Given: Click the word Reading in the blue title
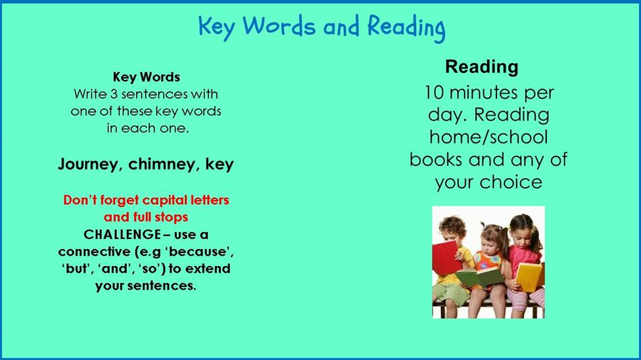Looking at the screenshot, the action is coord(406,28).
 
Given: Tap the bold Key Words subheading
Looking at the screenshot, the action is coord(147,78).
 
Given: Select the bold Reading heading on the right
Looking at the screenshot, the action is coord(481,67).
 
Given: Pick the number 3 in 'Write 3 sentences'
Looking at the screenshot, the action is coord(114,95).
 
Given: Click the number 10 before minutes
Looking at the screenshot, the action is coord(434,93).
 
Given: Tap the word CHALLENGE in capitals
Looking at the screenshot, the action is coord(122,235).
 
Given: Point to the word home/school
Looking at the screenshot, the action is coord(488,137).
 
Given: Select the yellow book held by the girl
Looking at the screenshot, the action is coord(529,277).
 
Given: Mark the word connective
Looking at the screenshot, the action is coord(94,252).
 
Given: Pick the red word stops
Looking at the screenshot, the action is coord(172,217).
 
